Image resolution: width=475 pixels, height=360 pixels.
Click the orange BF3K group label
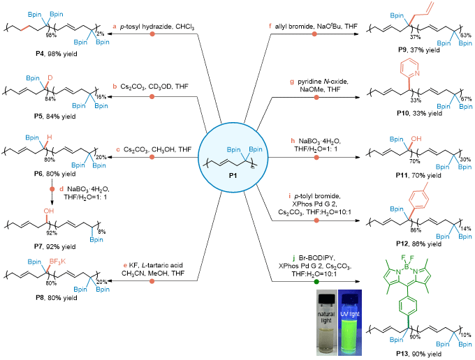click(57, 262)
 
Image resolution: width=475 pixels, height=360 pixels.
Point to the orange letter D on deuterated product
click(50, 77)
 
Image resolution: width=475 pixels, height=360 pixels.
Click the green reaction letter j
click(293, 258)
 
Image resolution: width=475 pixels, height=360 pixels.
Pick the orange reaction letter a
click(115, 27)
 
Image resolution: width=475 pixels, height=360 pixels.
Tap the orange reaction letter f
click(270, 26)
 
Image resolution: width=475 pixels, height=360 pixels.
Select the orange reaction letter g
click(292, 82)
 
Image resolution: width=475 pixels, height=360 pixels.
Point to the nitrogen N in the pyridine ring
click(417, 73)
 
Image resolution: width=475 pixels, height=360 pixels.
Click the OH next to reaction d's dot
click(48, 210)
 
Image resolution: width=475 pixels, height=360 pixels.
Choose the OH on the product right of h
click(416, 139)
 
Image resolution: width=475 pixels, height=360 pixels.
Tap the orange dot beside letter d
click(52, 188)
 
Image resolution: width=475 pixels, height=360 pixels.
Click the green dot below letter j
click(316, 282)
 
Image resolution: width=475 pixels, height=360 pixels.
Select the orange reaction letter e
click(125, 265)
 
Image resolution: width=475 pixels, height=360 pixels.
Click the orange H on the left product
click(49, 137)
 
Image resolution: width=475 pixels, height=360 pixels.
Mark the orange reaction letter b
click(115, 87)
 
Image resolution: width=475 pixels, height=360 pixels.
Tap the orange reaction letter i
click(290, 196)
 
